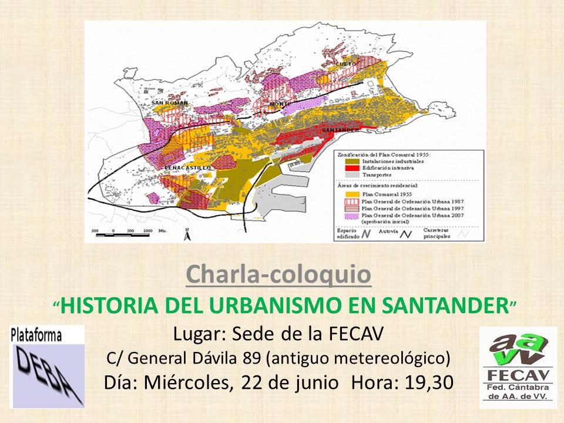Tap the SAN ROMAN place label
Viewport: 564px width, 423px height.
point(170,103)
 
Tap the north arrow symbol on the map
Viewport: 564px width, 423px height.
point(187,234)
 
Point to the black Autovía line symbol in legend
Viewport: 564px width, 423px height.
point(405,233)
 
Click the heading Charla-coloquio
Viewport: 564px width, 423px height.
point(278,274)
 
